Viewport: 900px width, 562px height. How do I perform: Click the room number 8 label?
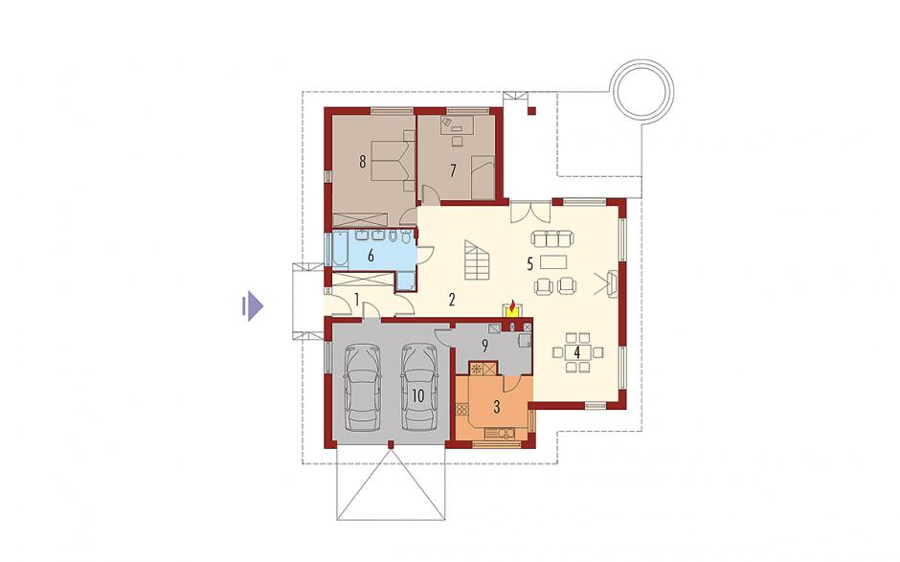click(x=362, y=162)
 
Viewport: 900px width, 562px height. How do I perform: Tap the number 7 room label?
click(x=453, y=170)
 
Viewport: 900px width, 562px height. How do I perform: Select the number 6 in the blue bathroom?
click(x=371, y=256)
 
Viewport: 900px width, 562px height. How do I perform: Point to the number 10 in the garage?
click(x=417, y=395)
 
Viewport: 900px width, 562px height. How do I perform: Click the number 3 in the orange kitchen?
click(x=497, y=407)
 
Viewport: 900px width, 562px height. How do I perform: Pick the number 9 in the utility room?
click(x=484, y=346)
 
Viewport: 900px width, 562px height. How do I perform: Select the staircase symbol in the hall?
click(x=477, y=259)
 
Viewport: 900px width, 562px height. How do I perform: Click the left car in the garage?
click(x=363, y=387)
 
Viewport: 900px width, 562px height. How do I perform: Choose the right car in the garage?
click(x=419, y=387)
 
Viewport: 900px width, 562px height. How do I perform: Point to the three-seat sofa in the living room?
click(x=552, y=237)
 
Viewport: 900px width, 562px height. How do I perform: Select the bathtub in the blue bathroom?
click(x=339, y=249)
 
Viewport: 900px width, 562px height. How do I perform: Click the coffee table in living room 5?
click(x=553, y=262)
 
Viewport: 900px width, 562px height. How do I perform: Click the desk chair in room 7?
click(x=458, y=141)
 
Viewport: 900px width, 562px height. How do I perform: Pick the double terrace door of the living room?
click(x=531, y=213)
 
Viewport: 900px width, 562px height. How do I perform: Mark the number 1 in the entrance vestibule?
click(x=356, y=299)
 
